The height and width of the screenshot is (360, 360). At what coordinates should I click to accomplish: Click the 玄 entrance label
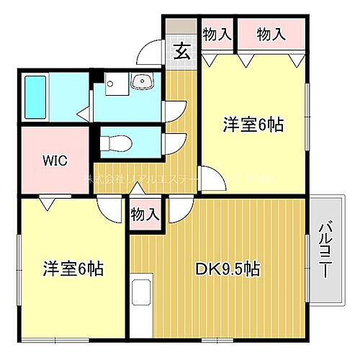pyautogui.click(x=182, y=53)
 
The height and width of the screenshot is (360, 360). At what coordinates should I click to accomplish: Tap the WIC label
pyautogui.click(x=55, y=160)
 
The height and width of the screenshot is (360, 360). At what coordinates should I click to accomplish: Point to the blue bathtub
pyautogui.click(x=35, y=96)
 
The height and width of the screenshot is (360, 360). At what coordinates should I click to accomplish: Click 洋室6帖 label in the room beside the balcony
pyautogui.click(x=252, y=125)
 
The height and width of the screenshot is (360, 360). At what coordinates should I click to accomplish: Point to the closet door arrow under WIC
pyautogui.click(x=47, y=204)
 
